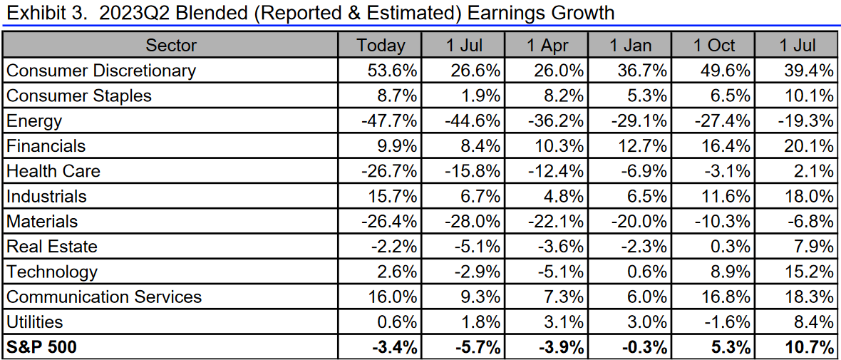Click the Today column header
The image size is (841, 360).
coord(381,46)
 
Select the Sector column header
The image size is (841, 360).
coord(171,46)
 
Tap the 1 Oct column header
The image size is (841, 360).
coord(714,46)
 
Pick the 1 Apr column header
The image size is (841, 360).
coord(547,46)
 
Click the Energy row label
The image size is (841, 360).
coord(34,121)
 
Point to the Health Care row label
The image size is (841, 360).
coord(53,171)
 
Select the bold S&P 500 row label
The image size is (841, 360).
coord(41,347)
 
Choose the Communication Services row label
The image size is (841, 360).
coord(104,297)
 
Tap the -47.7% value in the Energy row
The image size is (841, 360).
coord(391,121)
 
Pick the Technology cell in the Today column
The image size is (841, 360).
coord(398,272)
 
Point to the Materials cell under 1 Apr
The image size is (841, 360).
coord(557,222)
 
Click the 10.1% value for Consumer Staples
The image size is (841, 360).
coord(810,96)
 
